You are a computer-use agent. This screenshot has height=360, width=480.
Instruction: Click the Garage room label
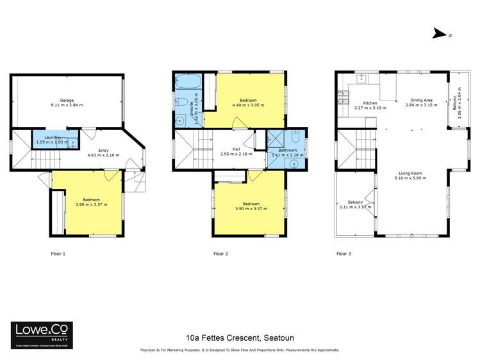(x=67, y=101)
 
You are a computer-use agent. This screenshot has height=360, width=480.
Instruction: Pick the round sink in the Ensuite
(x=182, y=119)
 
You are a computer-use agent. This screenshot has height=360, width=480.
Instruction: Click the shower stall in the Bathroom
(x=276, y=139)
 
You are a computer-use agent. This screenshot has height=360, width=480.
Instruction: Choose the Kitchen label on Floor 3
(x=370, y=103)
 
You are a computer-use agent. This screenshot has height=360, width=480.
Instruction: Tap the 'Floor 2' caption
(x=220, y=254)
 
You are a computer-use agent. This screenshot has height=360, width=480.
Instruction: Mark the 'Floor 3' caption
(x=344, y=254)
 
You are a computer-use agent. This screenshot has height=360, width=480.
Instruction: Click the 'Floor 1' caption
(x=58, y=254)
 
